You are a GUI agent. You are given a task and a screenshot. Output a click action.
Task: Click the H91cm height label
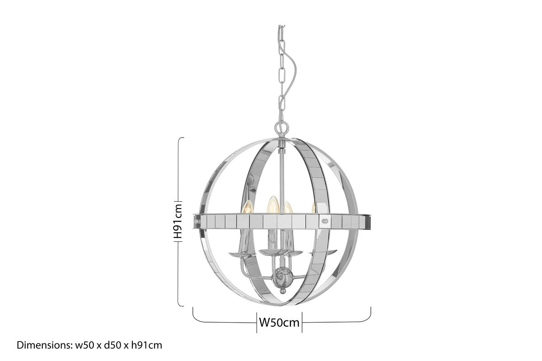pyautogui.click(x=178, y=221)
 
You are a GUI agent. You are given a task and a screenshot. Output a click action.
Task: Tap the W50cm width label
pyautogui.click(x=279, y=323)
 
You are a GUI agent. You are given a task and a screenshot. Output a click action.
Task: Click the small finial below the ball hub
pyautogui.click(x=283, y=291)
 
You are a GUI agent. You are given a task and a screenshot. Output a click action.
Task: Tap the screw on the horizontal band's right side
pyautogui.click(x=324, y=222)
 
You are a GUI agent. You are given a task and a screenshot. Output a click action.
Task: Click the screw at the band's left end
pyautogui.click(x=197, y=222)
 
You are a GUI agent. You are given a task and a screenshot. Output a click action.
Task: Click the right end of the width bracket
pyautogui.click(x=370, y=308)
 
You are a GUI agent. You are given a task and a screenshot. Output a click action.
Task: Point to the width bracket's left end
pyautogui.click(x=193, y=308)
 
